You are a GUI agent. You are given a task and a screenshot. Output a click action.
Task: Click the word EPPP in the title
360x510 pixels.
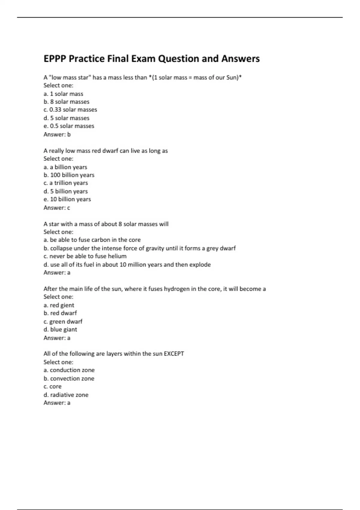click(55, 58)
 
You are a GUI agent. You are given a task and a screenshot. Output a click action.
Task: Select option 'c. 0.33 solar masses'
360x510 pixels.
click(70, 110)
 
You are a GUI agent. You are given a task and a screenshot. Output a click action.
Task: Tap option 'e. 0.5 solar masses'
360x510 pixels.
click(69, 126)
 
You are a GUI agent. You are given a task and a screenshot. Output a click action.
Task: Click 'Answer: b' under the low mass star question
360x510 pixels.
click(57, 134)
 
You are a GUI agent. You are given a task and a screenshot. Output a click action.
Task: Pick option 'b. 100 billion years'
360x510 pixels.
click(69, 175)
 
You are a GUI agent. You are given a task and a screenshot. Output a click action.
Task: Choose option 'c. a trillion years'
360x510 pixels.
click(66, 183)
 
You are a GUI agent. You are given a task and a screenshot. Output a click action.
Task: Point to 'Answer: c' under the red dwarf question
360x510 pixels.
click(57, 208)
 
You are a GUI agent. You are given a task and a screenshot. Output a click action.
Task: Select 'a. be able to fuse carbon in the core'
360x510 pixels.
click(92, 240)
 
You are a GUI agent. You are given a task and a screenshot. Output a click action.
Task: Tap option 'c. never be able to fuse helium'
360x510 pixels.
click(85, 256)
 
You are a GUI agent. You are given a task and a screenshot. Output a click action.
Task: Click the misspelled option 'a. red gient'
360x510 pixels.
click(59, 305)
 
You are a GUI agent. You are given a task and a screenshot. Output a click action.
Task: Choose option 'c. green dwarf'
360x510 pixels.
click(63, 321)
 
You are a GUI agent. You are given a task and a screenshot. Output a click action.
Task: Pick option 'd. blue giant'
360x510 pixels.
click(60, 329)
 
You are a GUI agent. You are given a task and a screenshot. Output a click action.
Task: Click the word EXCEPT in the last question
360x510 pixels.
click(174, 354)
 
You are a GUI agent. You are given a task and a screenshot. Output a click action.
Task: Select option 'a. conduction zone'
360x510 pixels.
click(69, 370)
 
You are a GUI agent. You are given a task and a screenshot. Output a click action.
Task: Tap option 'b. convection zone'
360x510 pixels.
click(69, 379)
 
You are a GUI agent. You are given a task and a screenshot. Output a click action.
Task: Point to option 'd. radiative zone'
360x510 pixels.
click(66, 395)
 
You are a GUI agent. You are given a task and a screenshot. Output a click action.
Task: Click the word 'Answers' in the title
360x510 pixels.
click(240, 58)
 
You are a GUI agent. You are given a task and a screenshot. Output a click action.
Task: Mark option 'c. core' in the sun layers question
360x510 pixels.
click(52, 387)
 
